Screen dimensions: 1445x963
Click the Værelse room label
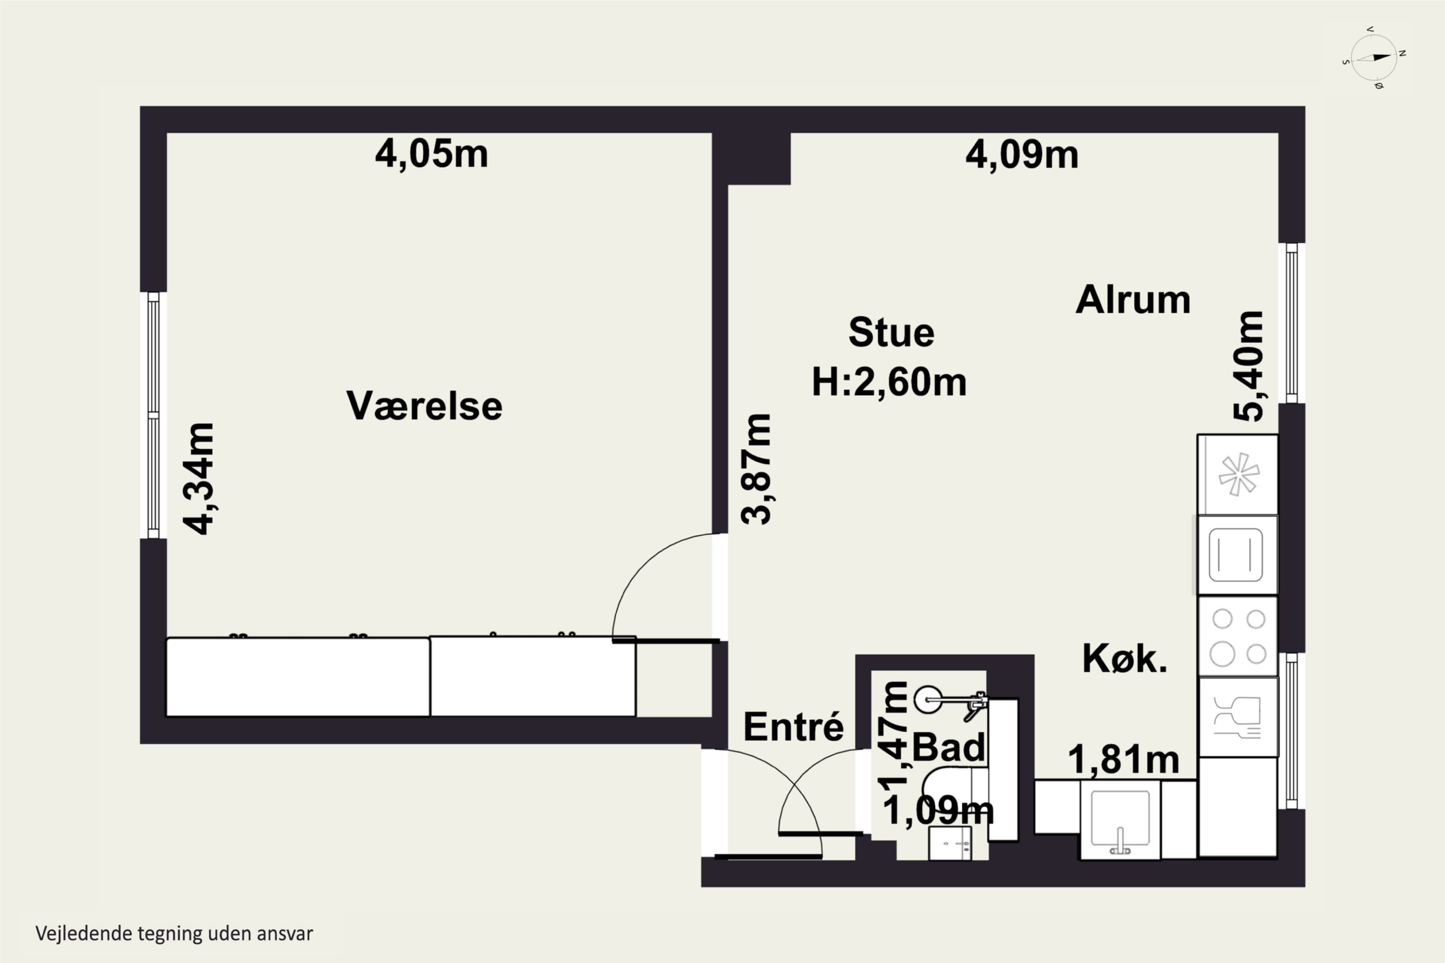pyautogui.click(x=424, y=406)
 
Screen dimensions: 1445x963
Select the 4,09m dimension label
pyautogui.click(x=1022, y=155)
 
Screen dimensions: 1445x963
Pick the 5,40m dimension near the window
pyautogui.click(x=1248, y=366)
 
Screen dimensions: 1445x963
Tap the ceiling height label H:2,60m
pyautogui.click(x=889, y=382)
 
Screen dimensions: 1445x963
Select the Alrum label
pyautogui.click(x=1133, y=299)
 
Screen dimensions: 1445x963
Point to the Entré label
pyautogui.click(x=793, y=727)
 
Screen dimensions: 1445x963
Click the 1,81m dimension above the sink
pyautogui.click(x=1124, y=760)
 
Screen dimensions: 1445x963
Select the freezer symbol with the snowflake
pyautogui.click(x=1238, y=475)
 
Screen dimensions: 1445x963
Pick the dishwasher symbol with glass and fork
pyautogui.click(x=1238, y=717)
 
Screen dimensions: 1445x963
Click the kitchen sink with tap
pyautogui.click(x=1120, y=820)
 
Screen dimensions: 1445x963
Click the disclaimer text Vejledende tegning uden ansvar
pyautogui.click(x=174, y=934)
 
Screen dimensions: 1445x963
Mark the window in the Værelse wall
pyautogui.click(x=154, y=415)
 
